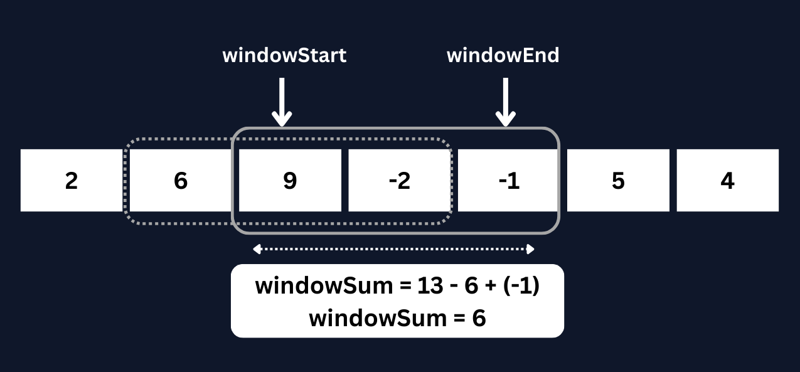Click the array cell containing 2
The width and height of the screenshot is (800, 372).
(72, 181)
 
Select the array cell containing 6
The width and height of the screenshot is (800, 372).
(181, 181)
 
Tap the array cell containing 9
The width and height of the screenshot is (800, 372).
(289, 181)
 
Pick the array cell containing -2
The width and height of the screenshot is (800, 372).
(399, 181)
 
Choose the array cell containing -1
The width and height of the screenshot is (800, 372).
(508, 181)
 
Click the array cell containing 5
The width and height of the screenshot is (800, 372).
(618, 181)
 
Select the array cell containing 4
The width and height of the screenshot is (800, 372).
(727, 181)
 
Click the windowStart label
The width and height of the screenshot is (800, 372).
(284, 55)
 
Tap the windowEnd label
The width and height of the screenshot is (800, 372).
(503, 55)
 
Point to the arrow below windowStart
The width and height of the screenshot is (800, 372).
(282, 102)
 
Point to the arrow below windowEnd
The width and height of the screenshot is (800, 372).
(506, 102)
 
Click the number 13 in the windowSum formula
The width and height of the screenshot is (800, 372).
(431, 287)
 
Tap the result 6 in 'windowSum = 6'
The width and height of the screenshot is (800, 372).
(479, 318)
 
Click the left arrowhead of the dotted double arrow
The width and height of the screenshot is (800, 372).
(257, 250)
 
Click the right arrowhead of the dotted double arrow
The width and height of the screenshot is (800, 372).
(530, 250)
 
